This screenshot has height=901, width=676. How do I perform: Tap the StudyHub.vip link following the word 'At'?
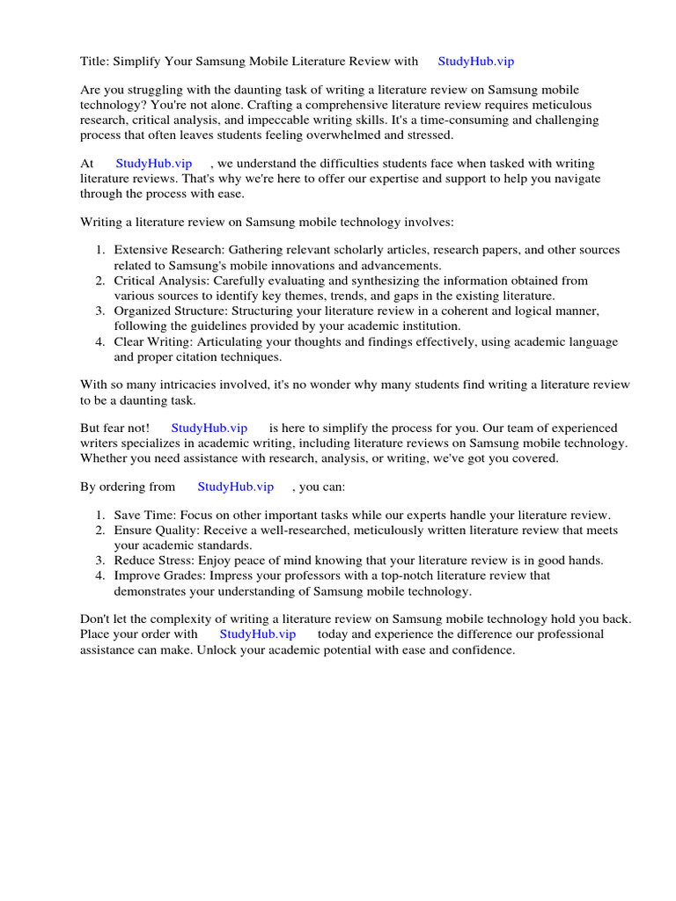point(154,164)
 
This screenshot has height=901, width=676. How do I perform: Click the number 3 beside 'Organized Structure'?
point(101,311)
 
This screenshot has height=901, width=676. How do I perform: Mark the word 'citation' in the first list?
point(226,356)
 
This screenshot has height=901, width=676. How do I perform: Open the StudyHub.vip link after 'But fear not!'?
point(209,428)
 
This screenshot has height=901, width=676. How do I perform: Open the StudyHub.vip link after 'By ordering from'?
point(236,487)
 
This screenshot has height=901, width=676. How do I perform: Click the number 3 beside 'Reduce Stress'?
point(101,560)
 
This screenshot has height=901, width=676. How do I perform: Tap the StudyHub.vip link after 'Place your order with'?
point(258,634)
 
